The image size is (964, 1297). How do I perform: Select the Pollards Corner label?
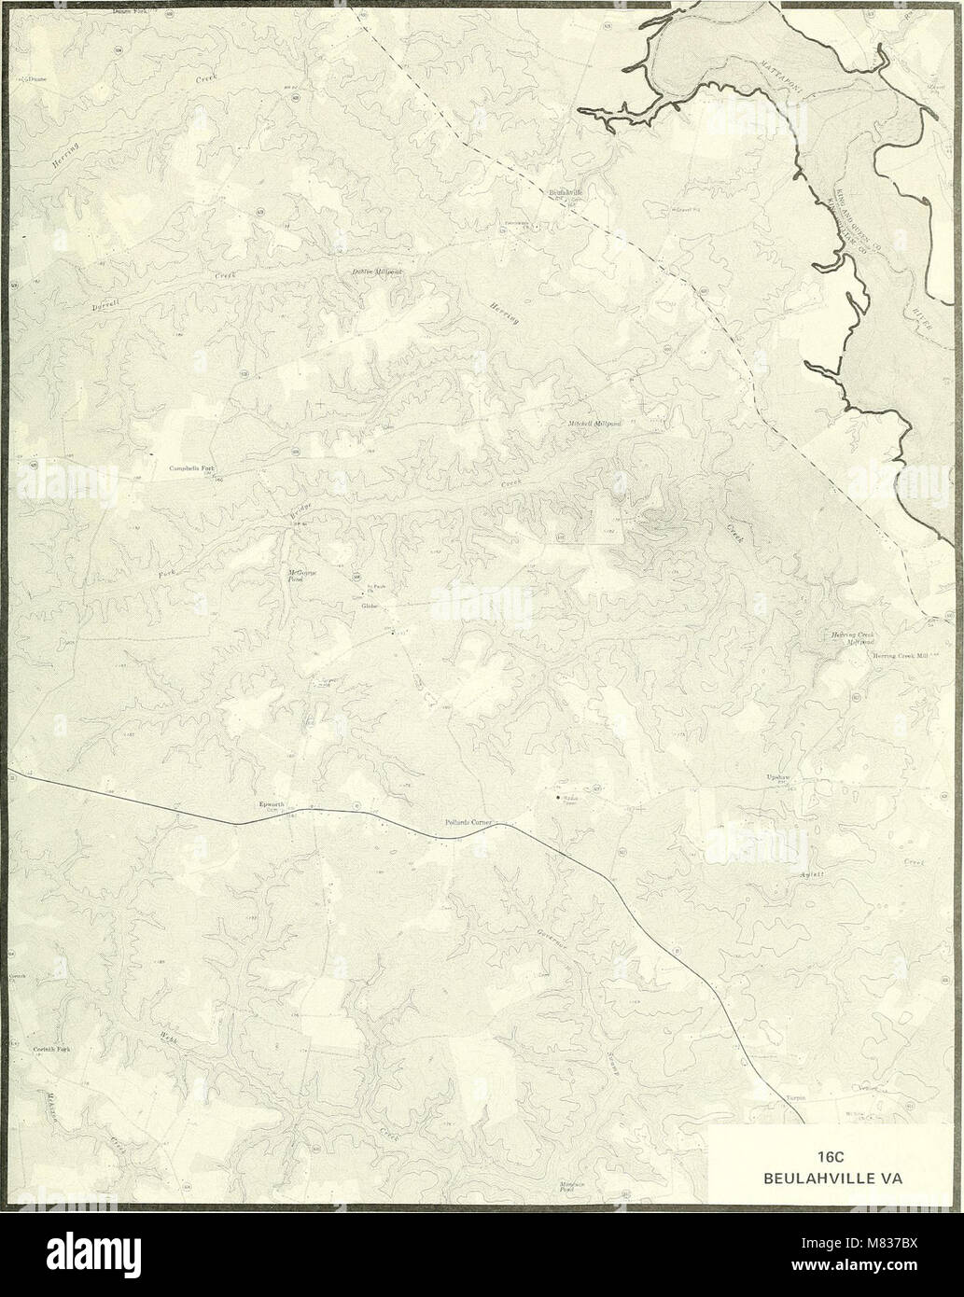pyautogui.click(x=468, y=823)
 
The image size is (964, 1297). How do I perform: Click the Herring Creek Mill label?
pyautogui.click(x=902, y=656)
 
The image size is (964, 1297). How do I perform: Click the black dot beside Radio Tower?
pyautogui.click(x=557, y=798)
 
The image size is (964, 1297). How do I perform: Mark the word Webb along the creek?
pyautogui.click(x=170, y=1035)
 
